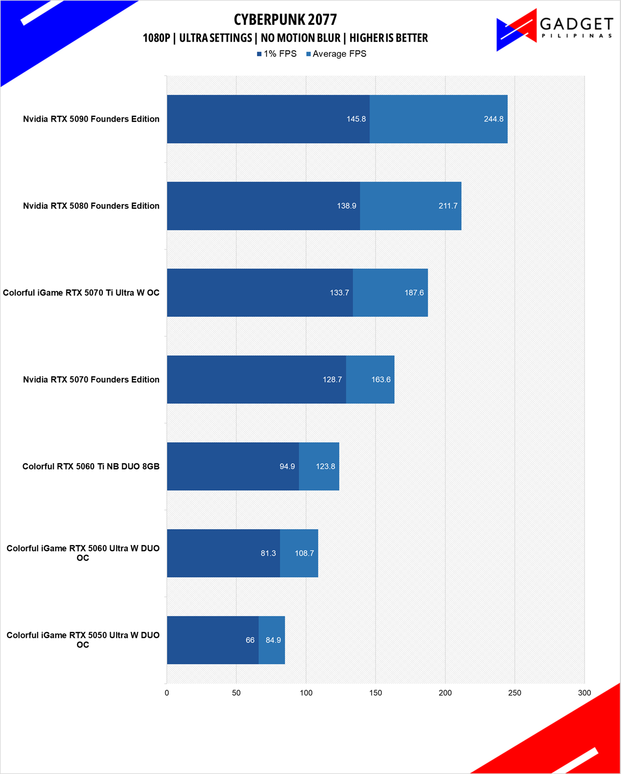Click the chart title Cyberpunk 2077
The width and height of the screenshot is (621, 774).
tap(285, 20)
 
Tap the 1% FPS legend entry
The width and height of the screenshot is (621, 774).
tap(276, 54)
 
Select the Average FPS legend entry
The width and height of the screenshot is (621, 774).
tap(336, 54)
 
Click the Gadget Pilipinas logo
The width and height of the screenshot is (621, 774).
tap(554, 30)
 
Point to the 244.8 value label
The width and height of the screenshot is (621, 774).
tap(494, 119)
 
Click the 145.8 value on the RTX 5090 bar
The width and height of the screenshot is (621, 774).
tap(356, 119)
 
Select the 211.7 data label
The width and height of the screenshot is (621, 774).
tap(447, 206)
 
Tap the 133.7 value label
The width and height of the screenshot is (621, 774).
tap(339, 293)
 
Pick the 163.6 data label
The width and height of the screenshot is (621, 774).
tap(381, 379)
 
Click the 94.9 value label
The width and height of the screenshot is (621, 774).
tap(287, 467)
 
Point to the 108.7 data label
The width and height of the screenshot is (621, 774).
tap(304, 553)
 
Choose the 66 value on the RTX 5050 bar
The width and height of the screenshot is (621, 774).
tap(250, 640)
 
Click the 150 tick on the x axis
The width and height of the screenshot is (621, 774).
tap(375, 693)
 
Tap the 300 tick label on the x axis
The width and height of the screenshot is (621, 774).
tap(584, 693)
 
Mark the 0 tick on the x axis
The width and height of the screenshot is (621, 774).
tap(166, 693)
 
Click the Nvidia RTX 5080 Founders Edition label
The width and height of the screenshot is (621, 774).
tap(91, 206)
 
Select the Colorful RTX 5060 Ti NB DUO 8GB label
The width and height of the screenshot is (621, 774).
tap(91, 467)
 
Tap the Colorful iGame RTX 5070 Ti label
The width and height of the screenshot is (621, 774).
tap(81, 293)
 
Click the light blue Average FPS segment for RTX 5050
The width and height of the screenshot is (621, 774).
tap(271, 640)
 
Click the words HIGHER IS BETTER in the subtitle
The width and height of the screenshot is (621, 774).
tap(388, 38)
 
